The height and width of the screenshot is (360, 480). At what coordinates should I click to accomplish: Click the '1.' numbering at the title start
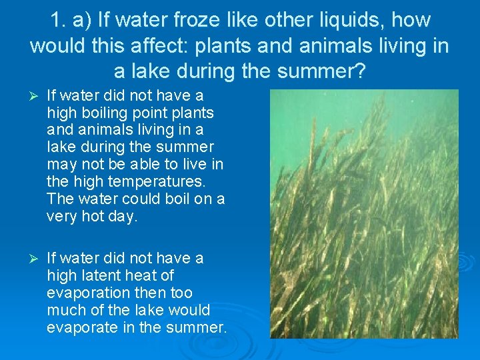tap(61, 20)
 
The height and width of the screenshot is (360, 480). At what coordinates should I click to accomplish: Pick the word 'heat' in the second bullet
tap(149, 275)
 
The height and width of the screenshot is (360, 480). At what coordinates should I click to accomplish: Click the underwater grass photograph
tap(364, 213)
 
